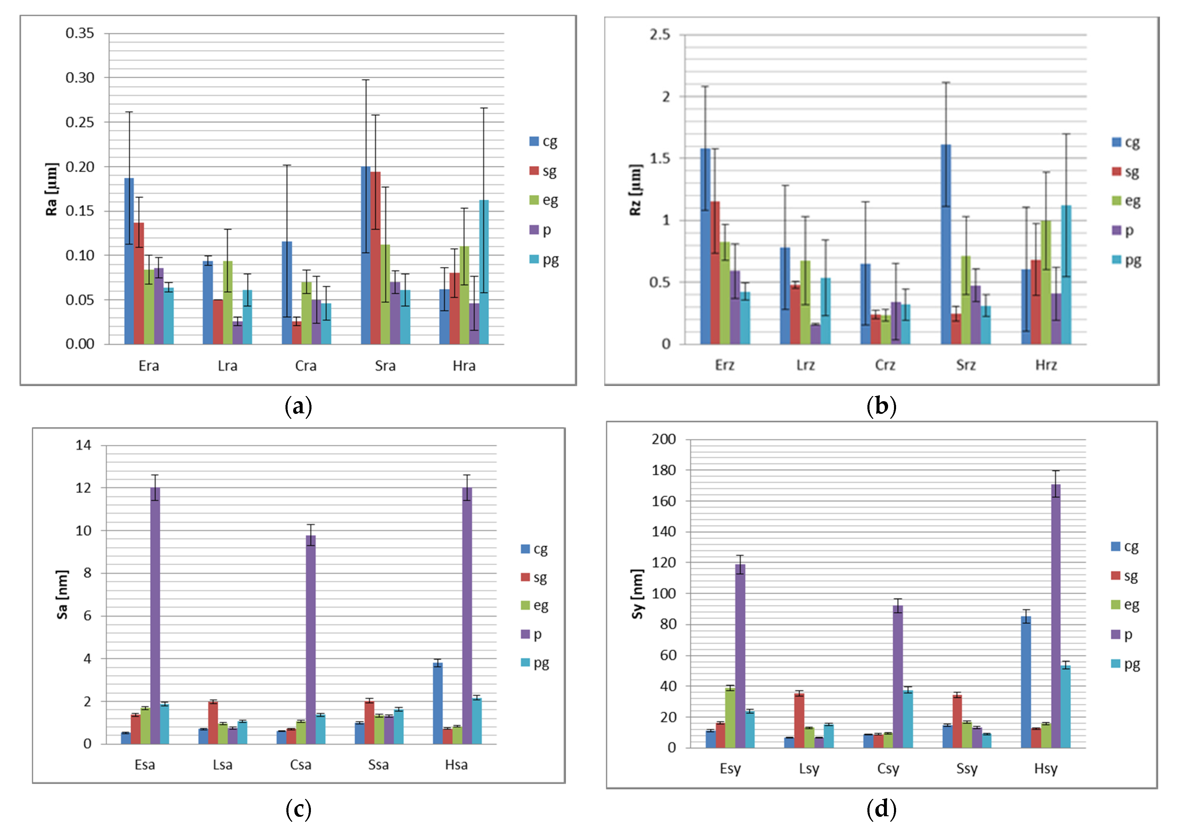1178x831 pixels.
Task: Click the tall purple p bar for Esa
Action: pos(155,616)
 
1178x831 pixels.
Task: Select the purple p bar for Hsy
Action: pos(1056,616)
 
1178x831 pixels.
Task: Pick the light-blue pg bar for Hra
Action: pos(484,272)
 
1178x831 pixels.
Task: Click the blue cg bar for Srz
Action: pos(946,244)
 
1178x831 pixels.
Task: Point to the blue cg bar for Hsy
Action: pos(1026,682)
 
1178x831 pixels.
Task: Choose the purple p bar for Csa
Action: pos(311,640)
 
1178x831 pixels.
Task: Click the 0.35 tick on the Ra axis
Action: pos(80,33)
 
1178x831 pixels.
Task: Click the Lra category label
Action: pos(227,366)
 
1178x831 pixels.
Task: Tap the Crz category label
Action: pos(885,365)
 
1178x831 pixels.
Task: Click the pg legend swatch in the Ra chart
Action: pos(534,259)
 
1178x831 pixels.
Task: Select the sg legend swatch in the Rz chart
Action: pos(1117,171)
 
